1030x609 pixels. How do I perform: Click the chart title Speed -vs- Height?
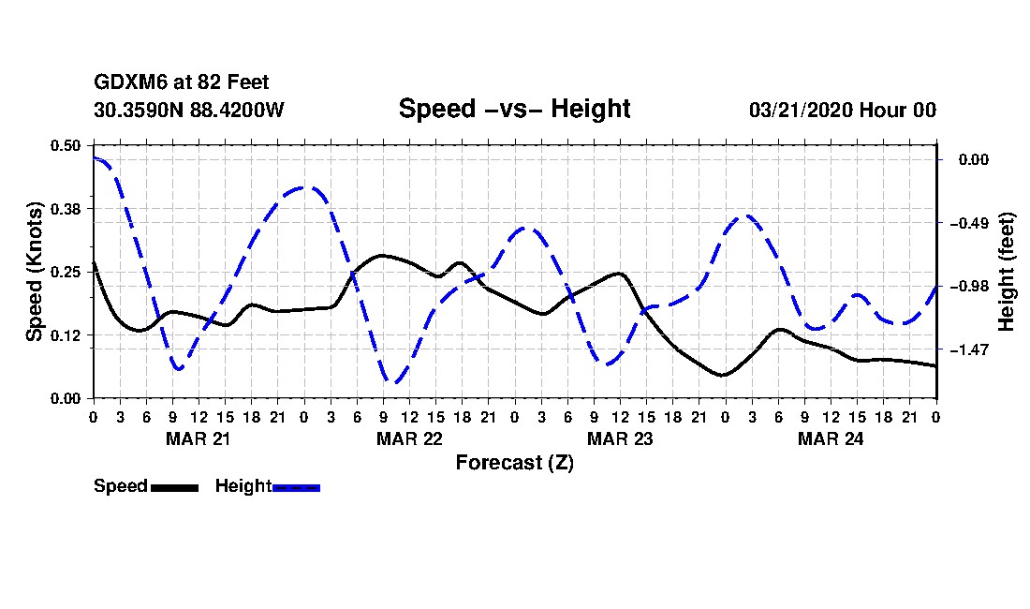(514, 109)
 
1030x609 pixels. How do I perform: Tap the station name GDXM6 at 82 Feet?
(182, 83)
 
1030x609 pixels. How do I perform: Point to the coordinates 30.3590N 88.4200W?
(188, 111)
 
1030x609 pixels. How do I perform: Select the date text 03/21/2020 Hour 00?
(842, 111)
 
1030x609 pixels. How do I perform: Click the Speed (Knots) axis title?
(35, 272)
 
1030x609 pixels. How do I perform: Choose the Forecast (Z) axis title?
(514, 462)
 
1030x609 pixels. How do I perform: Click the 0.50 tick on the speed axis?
(66, 145)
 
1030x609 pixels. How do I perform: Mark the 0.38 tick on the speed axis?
(66, 208)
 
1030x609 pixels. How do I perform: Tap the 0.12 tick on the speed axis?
(66, 335)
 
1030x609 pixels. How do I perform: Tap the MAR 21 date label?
(199, 438)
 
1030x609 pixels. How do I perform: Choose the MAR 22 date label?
(409, 438)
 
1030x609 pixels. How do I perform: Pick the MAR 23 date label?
(620, 438)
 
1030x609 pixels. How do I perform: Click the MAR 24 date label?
(831, 438)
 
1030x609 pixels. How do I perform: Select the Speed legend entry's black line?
(174, 487)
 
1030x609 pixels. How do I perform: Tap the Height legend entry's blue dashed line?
(296, 487)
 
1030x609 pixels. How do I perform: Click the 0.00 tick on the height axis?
(974, 160)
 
